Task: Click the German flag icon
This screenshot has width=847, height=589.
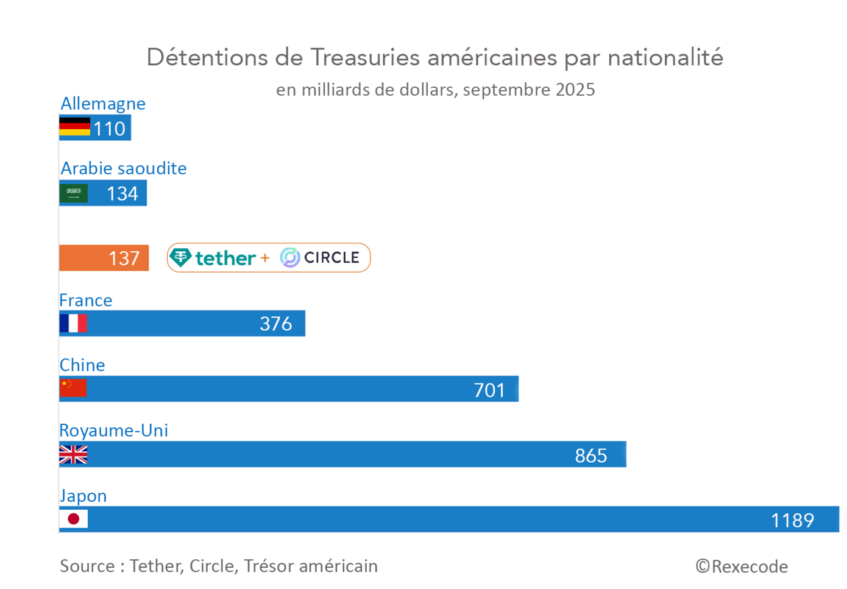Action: (x=74, y=127)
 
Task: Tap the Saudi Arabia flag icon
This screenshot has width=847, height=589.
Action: (x=74, y=193)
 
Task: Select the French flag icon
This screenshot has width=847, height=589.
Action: (x=73, y=323)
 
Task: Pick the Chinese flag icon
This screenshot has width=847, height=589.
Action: (x=73, y=388)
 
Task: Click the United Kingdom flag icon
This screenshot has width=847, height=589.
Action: (x=73, y=454)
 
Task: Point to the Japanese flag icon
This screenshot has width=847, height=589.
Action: (x=74, y=519)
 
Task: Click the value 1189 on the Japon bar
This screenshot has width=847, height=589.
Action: (x=792, y=520)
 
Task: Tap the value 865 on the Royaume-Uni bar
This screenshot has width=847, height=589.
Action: (x=590, y=455)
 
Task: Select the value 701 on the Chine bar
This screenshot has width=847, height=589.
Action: (x=489, y=390)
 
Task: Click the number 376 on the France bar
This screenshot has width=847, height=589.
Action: (x=275, y=324)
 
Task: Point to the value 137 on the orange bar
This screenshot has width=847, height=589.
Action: (x=124, y=259)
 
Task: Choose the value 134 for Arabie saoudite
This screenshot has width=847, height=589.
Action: (x=122, y=194)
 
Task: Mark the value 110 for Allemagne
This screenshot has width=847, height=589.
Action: (x=109, y=129)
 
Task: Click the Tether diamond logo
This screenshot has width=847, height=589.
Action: (x=180, y=257)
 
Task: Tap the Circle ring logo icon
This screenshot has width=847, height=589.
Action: (x=290, y=257)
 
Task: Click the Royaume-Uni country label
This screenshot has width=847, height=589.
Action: (x=113, y=430)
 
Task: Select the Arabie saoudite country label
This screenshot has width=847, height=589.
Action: (x=124, y=168)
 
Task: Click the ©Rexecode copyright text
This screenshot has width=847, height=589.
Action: (x=742, y=566)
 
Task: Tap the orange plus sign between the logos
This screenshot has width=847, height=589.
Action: (x=265, y=258)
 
